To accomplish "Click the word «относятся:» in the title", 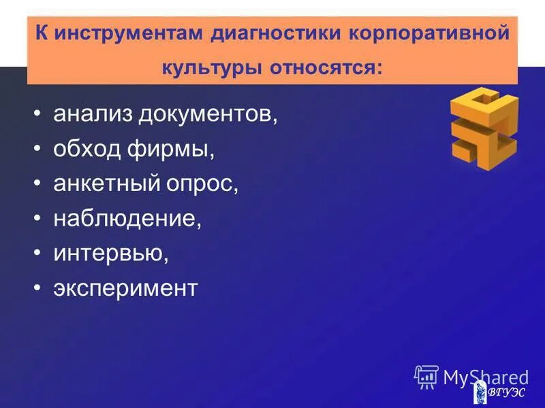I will [326, 69].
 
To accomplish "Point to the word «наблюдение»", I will [128, 218].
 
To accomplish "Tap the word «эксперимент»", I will [125, 289].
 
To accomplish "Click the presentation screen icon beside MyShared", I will [426, 377].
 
